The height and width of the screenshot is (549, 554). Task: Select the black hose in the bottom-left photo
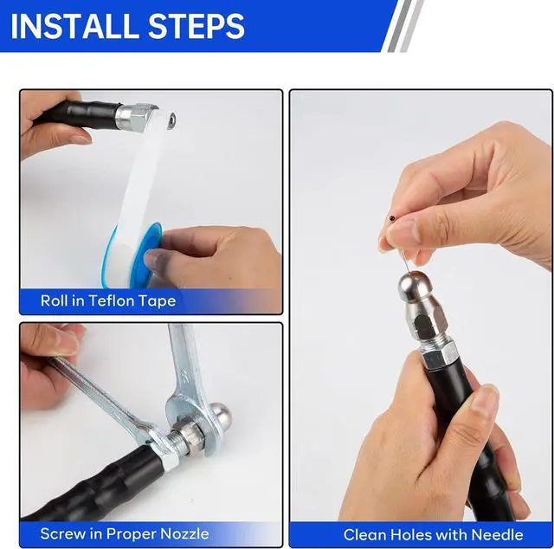pos(95,485)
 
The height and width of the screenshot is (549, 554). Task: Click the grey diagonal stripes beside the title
pos(403,25)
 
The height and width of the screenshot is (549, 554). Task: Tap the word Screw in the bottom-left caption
pos(62,533)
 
